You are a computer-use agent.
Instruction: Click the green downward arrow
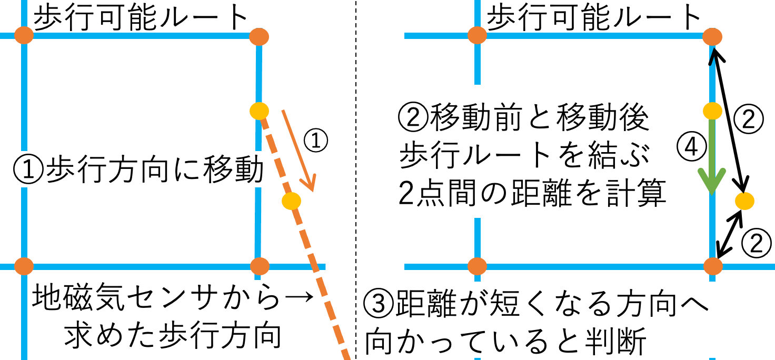click(x=712, y=156)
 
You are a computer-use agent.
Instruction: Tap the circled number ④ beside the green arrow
click(x=692, y=147)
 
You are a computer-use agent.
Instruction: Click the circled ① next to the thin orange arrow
click(x=315, y=141)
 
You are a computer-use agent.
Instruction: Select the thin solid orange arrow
click(x=299, y=151)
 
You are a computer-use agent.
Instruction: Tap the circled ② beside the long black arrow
click(x=749, y=119)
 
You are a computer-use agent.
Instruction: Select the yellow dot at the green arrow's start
click(x=712, y=111)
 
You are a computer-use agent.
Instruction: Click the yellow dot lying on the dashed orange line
click(x=291, y=201)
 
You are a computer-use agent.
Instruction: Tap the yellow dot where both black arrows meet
click(x=744, y=201)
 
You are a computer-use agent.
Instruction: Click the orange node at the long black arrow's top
click(x=712, y=37)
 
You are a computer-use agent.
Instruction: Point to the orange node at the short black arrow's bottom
click(x=713, y=266)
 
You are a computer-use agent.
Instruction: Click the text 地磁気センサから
click(x=156, y=297)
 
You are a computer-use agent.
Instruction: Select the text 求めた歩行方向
click(x=173, y=335)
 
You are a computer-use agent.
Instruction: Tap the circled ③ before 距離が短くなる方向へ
click(x=379, y=304)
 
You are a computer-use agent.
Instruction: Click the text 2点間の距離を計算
click(x=532, y=193)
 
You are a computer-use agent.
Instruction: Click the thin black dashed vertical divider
click(x=356, y=180)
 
